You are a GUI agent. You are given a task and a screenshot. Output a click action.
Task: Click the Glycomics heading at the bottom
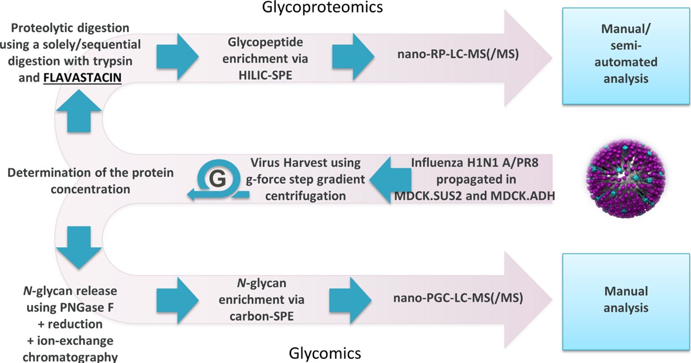coord(325,353)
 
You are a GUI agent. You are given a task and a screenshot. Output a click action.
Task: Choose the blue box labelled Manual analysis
coord(626,299)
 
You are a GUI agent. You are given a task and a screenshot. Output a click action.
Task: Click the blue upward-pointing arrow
coord(79,111)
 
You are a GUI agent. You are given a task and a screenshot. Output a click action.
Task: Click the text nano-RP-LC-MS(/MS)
coord(460,54)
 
